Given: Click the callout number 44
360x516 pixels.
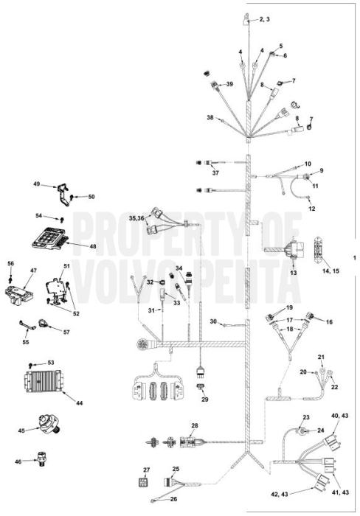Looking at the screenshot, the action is [x=79, y=402].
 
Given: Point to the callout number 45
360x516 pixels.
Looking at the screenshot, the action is [x=21, y=430].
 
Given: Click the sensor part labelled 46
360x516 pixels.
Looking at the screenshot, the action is [x=41, y=459].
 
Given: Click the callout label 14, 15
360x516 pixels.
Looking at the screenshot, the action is [x=331, y=271].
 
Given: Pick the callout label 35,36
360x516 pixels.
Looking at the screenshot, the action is [x=136, y=218].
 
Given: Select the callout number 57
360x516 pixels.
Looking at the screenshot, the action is [x=66, y=332].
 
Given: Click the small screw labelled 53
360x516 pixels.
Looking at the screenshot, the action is [x=31, y=365].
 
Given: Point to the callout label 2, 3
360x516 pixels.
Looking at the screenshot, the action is [x=265, y=19].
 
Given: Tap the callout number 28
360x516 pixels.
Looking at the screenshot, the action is [x=195, y=425].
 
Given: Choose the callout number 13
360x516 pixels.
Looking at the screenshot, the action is [x=293, y=273].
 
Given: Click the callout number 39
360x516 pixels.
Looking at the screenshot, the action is [x=229, y=84].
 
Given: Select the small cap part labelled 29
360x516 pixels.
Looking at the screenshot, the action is [x=200, y=387].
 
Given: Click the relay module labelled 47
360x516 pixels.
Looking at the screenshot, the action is [x=16, y=292].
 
